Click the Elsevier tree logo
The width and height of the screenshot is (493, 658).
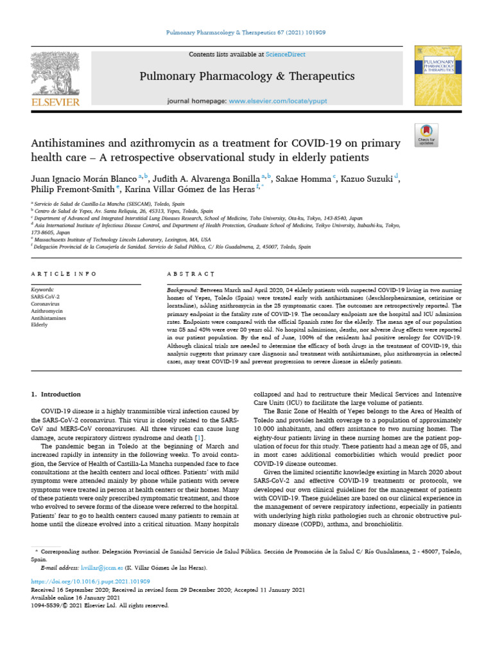coord(56,73)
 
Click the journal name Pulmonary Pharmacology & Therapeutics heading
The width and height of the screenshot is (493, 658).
coord(247,76)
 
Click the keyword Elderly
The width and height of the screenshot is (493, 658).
coord(39,325)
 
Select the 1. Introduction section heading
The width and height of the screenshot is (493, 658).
coord(56,395)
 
